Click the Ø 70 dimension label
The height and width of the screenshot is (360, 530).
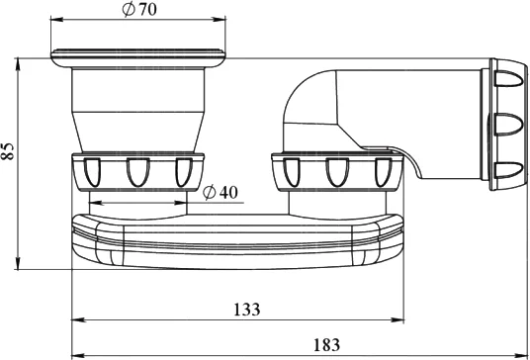(x=139, y=10)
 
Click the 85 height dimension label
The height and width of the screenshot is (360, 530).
(x=8, y=150)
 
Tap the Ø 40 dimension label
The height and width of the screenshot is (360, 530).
(x=221, y=192)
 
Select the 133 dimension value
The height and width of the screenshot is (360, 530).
(x=247, y=310)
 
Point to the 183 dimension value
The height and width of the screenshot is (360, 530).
(x=326, y=345)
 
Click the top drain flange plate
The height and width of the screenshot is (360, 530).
(x=138, y=57)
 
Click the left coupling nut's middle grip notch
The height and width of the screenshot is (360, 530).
(x=137, y=172)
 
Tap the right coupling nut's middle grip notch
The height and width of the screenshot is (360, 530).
(x=337, y=172)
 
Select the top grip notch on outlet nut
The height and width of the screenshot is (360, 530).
(x=508, y=78)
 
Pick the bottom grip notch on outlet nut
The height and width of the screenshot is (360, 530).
(x=508, y=170)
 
